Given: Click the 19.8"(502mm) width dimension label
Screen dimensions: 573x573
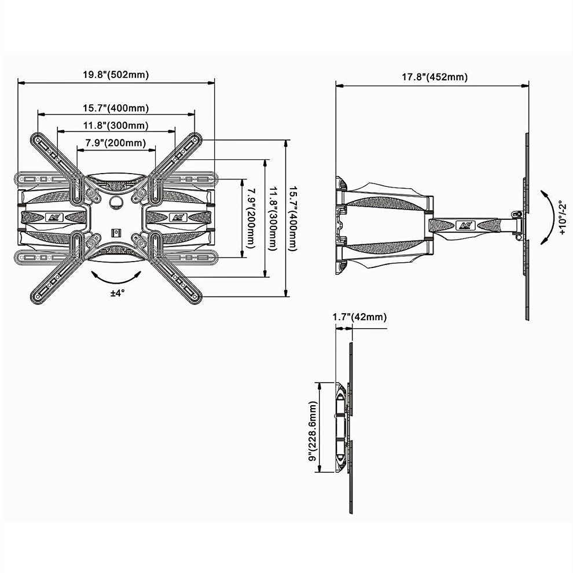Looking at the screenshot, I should [x=116, y=75].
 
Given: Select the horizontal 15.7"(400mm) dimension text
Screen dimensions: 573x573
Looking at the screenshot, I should [x=116, y=108].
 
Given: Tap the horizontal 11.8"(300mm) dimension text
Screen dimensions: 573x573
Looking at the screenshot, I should [x=116, y=126].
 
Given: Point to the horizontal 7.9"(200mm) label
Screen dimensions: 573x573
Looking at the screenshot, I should [x=116, y=143].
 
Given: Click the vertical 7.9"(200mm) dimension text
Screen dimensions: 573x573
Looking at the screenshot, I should [x=250, y=218].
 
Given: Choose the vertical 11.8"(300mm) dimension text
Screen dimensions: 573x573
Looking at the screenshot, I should [x=273, y=218].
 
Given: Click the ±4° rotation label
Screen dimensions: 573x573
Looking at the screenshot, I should [x=117, y=293].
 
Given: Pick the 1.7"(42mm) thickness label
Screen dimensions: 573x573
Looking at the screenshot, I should [x=359, y=317].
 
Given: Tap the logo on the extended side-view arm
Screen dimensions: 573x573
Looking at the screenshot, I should [x=465, y=225].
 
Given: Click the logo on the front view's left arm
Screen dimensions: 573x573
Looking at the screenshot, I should [x=53, y=218].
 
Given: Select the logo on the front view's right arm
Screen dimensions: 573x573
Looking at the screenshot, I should [x=177, y=218].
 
